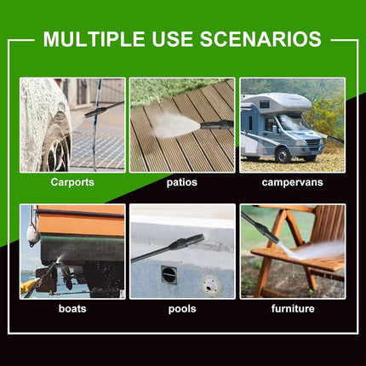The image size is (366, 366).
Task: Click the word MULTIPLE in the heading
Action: pos(94,39)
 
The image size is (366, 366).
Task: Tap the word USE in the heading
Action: pos(173,39)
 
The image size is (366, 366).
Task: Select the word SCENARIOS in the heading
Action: pos(260,39)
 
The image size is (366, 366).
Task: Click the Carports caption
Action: pos(72,182)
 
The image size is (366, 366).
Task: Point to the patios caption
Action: pos(182,182)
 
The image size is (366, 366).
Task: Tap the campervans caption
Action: pos(293,182)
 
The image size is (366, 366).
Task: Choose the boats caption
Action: pos(72,308)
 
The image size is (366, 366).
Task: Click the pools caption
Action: pos(182,309)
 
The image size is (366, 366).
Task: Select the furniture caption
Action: pos(293,308)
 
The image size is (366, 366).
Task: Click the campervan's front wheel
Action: pos(283,155)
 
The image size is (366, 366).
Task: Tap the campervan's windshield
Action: pos(293,123)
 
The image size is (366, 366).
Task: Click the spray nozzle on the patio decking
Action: pos(217,124)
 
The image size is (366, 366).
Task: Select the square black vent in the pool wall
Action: pos(169,275)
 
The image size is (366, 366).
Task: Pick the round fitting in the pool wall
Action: pos(209,286)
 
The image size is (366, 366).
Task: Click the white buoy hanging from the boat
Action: pos(33,235)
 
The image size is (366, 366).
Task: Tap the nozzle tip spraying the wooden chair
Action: pos(276,239)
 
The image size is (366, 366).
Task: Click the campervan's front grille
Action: pos(314,143)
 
